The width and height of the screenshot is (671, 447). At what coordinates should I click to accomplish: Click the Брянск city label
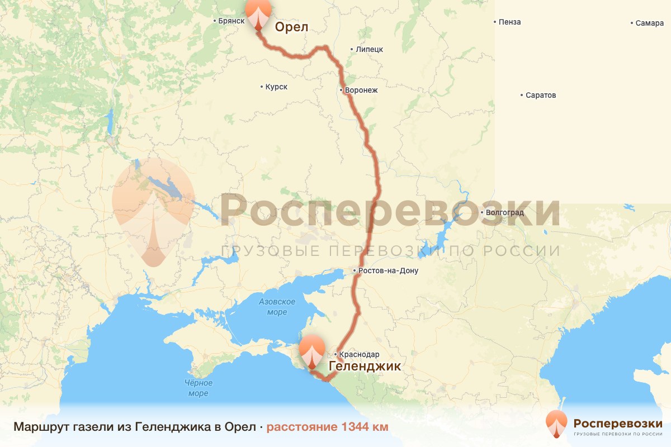pyautogui.click(x=231, y=21)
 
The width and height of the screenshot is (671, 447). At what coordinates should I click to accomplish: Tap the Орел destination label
pyautogui.click(x=291, y=27)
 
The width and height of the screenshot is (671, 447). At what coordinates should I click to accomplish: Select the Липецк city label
pyautogui.click(x=369, y=49)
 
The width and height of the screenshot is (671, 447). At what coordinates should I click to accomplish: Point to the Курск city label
pyautogui.click(x=276, y=87)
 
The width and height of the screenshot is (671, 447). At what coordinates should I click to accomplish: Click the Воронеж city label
pyautogui.click(x=361, y=90)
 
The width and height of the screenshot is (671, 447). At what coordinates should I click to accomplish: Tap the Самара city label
pyautogui.click(x=650, y=23)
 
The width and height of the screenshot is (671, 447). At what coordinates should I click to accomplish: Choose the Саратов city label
pyautogui.click(x=541, y=96)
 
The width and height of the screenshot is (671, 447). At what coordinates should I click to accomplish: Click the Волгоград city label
pyautogui.click(x=505, y=212)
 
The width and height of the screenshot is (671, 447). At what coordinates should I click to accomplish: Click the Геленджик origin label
pyautogui.click(x=365, y=367)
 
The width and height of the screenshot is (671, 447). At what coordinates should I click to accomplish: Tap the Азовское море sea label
pyautogui.click(x=277, y=306)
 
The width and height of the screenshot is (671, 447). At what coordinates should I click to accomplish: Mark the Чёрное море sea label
pyautogui.click(x=199, y=388)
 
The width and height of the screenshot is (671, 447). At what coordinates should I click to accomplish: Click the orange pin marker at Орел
pyautogui.click(x=258, y=12)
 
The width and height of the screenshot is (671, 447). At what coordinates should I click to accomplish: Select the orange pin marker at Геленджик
pyautogui.click(x=312, y=351)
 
